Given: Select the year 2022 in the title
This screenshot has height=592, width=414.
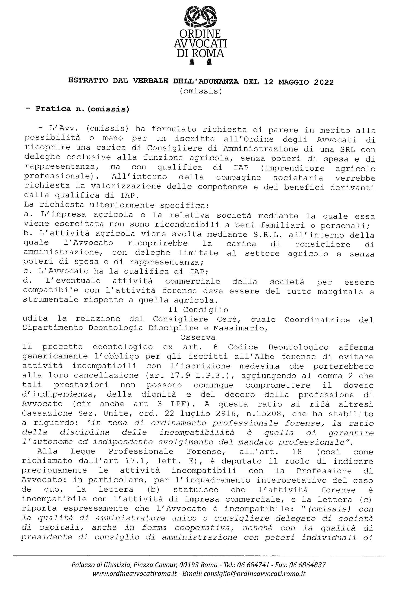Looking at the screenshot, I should [x=324, y=82].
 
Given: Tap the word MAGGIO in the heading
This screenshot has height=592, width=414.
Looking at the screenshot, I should [x=293, y=82].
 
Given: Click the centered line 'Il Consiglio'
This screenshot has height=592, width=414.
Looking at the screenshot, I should [x=198, y=310].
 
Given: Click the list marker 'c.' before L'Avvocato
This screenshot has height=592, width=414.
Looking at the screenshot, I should [x=26, y=271].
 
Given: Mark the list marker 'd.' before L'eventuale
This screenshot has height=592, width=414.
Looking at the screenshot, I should [x=26, y=281].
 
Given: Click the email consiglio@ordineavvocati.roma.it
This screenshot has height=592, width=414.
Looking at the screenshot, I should [x=254, y=574].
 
